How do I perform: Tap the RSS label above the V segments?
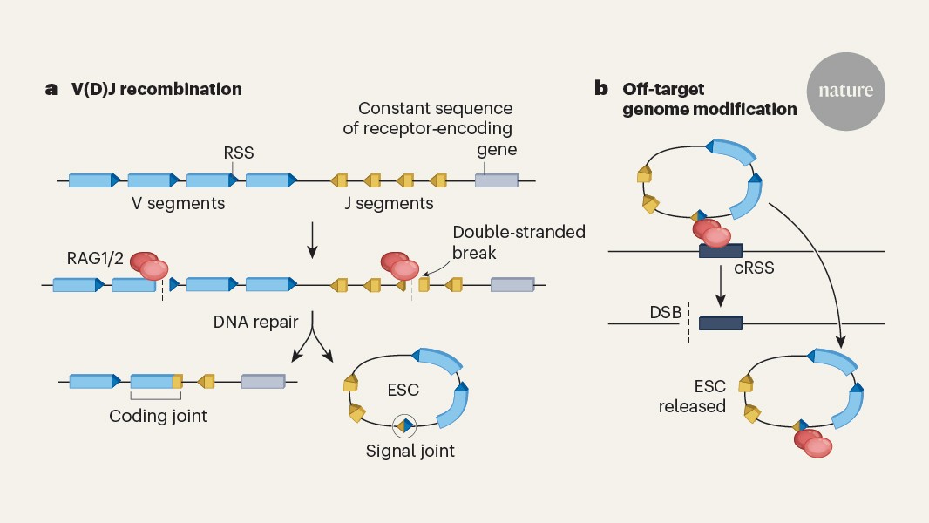click(x=239, y=153)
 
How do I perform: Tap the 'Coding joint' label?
click(x=158, y=416)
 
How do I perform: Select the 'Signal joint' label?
click(x=410, y=452)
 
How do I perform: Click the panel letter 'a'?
click(x=51, y=89)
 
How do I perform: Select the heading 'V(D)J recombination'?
click(x=157, y=89)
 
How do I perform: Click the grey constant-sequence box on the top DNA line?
click(x=496, y=180)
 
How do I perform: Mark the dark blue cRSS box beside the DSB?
click(x=720, y=323)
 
